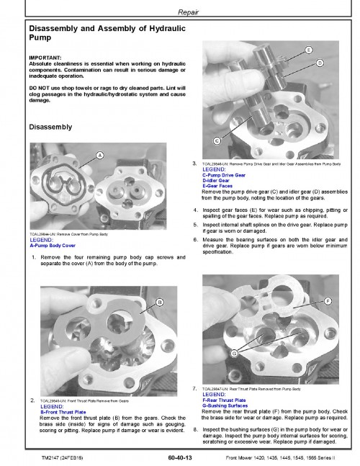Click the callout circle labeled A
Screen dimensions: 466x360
(99, 156)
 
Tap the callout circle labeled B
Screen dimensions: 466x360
(160, 301)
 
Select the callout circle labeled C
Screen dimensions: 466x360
(217, 140)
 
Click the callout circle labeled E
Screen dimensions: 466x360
(308, 50)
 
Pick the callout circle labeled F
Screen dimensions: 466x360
(328, 300)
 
